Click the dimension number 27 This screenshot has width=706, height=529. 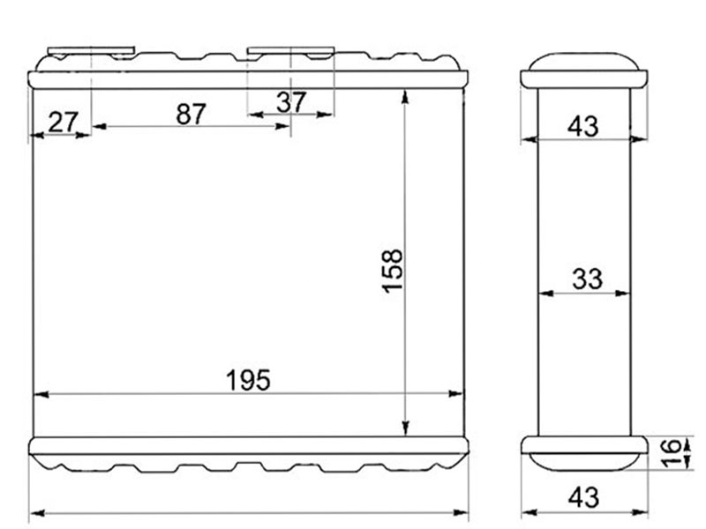(x=63, y=122)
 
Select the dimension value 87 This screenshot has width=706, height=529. (x=191, y=114)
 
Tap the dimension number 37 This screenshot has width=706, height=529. (x=291, y=102)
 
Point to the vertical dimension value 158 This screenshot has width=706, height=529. (x=392, y=271)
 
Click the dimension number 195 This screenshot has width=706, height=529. (x=248, y=380)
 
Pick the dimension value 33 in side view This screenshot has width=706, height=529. (x=587, y=279)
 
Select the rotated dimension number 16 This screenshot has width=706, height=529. (x=672, y=454)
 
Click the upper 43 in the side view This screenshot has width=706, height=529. (x=583, y=126)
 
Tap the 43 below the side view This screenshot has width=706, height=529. (x=583, y=497)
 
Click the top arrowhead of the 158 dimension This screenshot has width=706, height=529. (x=405, y=97)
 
